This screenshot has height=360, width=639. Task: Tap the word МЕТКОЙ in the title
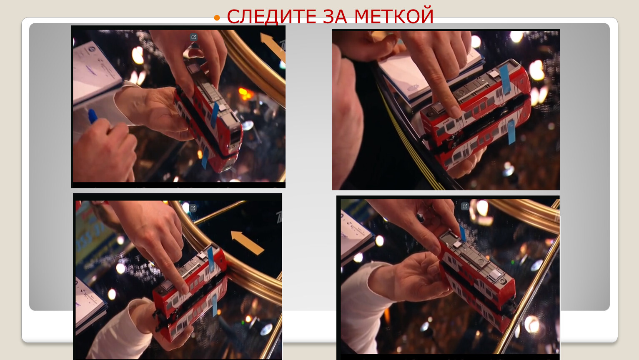coord(394,16)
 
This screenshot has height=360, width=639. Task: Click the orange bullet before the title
coord(217,18)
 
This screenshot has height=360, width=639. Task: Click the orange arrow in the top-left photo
coord(273,47)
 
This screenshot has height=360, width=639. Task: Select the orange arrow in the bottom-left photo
coord(247,243)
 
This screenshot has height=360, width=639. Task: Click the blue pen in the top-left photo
coord(93,116)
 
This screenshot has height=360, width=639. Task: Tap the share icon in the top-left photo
coord(193,37)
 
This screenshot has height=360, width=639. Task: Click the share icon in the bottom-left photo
coord(193,208)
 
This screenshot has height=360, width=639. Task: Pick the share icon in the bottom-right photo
coord(465,206)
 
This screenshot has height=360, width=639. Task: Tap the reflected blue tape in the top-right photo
coord(511,132)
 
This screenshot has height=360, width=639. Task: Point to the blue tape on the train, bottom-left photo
coord(210,259)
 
